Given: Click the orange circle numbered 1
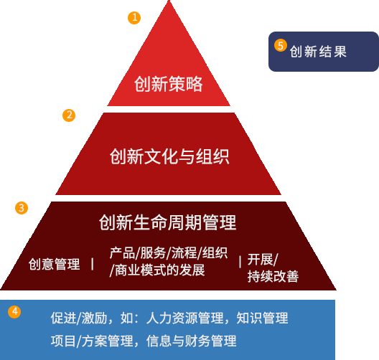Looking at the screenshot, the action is coord(134,18).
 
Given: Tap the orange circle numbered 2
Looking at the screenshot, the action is coord(69,115).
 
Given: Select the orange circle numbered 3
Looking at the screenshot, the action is coord(22,208).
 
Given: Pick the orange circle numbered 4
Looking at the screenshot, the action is coord(14,312).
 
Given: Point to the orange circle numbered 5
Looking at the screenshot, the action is coord(281,45).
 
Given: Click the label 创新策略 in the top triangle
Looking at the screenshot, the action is coord(169,84).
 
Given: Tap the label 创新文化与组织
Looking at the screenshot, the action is coord(169,156).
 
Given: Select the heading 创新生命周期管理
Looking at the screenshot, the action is coord(167,222).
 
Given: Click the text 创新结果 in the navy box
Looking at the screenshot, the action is coord(318,52).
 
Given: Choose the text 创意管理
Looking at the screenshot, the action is coord(54,264).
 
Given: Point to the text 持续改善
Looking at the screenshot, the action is coord(273,277).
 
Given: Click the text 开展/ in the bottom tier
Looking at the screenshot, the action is coord(263,260).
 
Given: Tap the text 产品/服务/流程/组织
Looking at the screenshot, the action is coord(169,253).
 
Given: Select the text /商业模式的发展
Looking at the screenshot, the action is coord(157,270).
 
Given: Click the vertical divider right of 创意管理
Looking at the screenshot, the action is coord(93,264).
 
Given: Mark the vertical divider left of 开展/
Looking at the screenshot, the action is coord(240,262).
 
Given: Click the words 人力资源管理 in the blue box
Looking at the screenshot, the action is coord(185,318).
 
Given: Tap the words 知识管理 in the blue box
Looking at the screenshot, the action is coord(262,318).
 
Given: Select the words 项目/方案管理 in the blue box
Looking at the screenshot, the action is coord(92,341).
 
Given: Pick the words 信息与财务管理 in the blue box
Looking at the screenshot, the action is coord(192,341).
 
